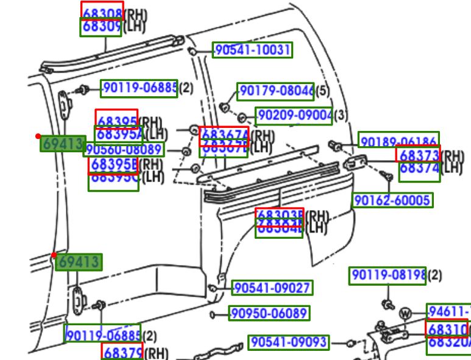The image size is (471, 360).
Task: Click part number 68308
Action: coord(102,10)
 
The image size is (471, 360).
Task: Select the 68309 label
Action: coord(101,27)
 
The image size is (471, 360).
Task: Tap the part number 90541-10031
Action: coord(252,50)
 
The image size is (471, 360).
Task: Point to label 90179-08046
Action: coord(276,91)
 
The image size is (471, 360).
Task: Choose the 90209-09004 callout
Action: coord(294,115)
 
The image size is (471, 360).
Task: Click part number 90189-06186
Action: coord(398,141)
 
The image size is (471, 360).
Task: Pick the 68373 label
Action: coord(418,155)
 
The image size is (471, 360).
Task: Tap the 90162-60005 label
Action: coord(392,200)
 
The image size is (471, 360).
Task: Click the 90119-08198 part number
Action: coord(388,276)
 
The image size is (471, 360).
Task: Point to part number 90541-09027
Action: coord(272,288)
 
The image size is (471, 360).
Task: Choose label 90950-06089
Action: coord(269,314)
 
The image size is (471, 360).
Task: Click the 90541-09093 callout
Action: coord(288,342)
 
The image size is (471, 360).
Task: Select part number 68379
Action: coord(122,351)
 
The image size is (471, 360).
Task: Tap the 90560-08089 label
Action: coord(124,149)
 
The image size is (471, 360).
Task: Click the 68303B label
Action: coord(279,215)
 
